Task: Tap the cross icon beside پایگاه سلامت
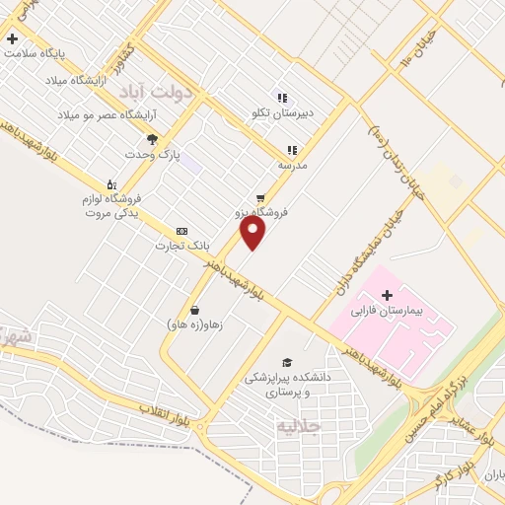tap(12, 39)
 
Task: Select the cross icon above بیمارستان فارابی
tap(386, 295)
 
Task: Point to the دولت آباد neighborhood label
tap(158, 91)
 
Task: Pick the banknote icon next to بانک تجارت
tap(180, 230)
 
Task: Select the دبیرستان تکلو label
tap(281, 112)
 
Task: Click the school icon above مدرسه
tap(292, 151)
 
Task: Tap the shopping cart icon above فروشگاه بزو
tap(260, 196)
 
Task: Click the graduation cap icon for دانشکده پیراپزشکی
tap(286, 362)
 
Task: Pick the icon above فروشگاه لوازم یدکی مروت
tap(109, 183)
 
